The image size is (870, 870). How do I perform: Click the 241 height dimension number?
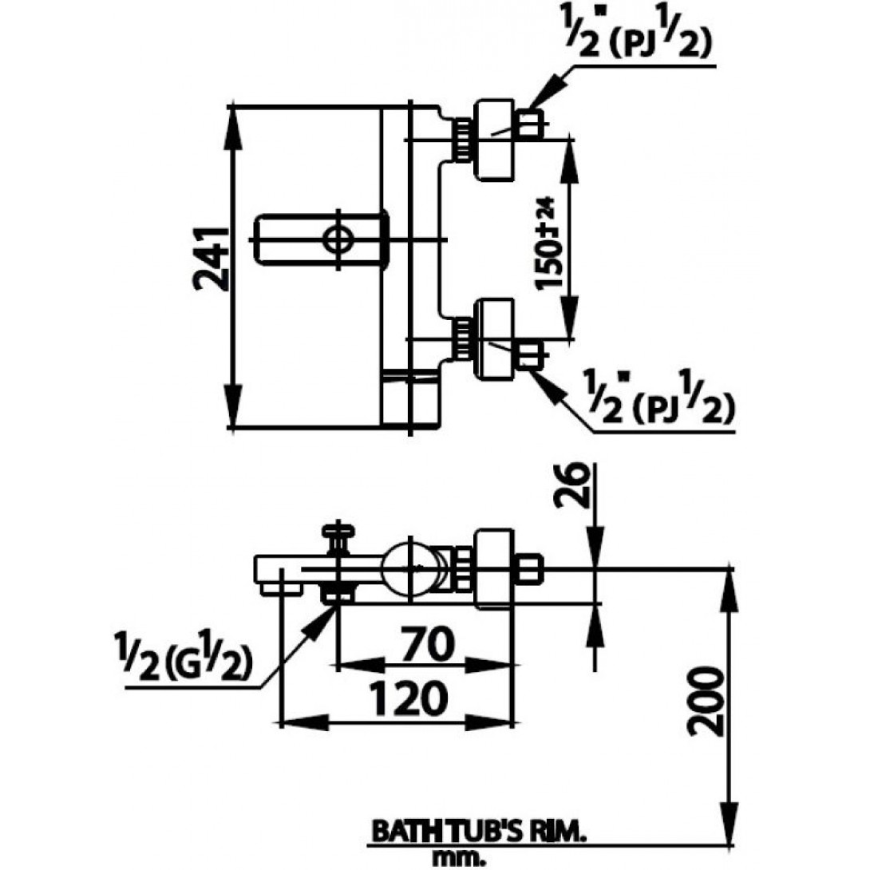[211, 260]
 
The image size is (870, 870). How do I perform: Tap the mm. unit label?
[457, 858]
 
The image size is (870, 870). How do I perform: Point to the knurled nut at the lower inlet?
[463, 338]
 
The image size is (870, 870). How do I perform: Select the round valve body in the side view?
[411, 569]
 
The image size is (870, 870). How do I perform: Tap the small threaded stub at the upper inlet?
[530, 125]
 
